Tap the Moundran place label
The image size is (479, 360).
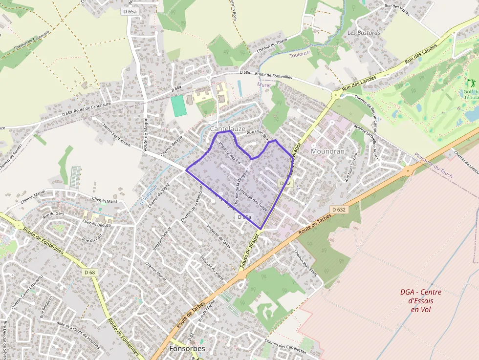(x=327, y=151)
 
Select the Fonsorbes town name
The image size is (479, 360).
(x=187, y=349)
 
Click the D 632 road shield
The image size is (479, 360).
(x=338, y=210)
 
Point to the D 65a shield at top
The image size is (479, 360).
(x=130, y=11)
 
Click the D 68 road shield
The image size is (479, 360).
(x=89, y=272)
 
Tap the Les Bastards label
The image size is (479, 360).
(x=364, y=33)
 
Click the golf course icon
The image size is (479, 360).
(x=471, y=83)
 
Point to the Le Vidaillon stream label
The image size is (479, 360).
(x=148, y=194)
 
